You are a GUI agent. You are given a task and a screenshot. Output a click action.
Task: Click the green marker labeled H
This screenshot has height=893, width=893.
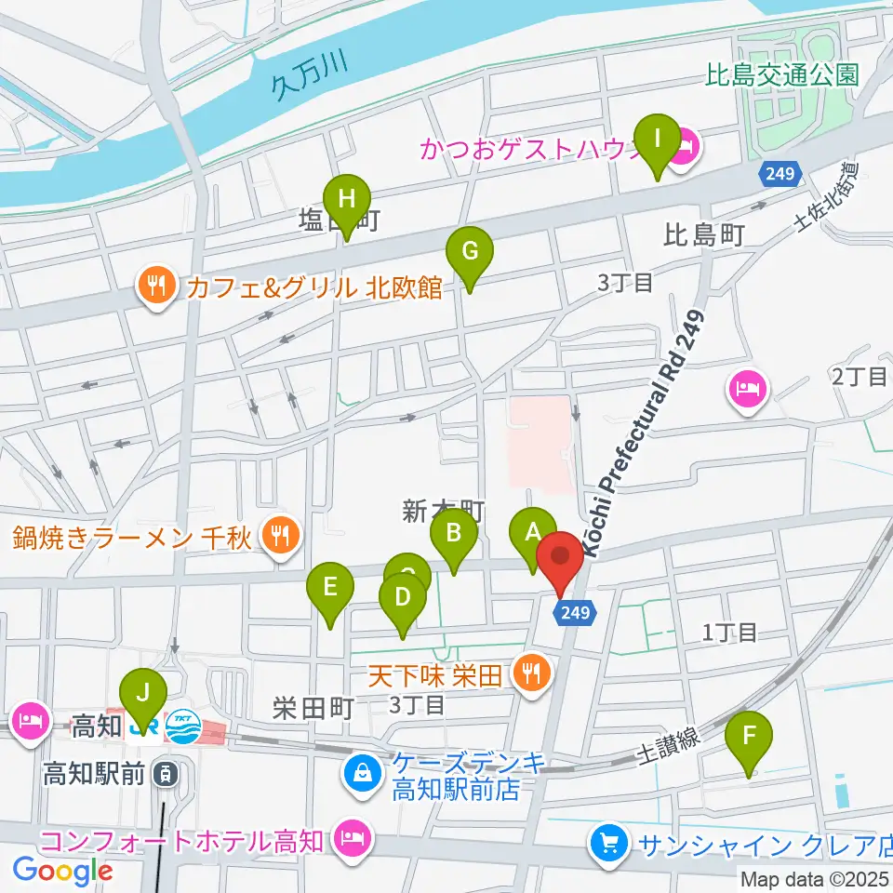[x=347, y=199]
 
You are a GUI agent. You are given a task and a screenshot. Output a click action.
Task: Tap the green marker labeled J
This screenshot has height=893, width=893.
[x=142, y=694]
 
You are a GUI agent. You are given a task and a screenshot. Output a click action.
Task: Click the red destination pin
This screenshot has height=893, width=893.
[x=560, y=558]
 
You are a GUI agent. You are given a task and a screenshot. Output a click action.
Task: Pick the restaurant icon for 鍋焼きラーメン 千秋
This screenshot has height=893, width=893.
[x=277, y=535]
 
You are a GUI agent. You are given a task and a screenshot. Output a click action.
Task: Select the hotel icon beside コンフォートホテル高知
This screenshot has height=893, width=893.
[x=353, y=840]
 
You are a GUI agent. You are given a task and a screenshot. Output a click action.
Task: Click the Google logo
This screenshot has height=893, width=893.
[x=63, y=871]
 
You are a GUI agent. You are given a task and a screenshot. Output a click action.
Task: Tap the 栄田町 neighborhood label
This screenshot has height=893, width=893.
[x=313, y=709]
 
